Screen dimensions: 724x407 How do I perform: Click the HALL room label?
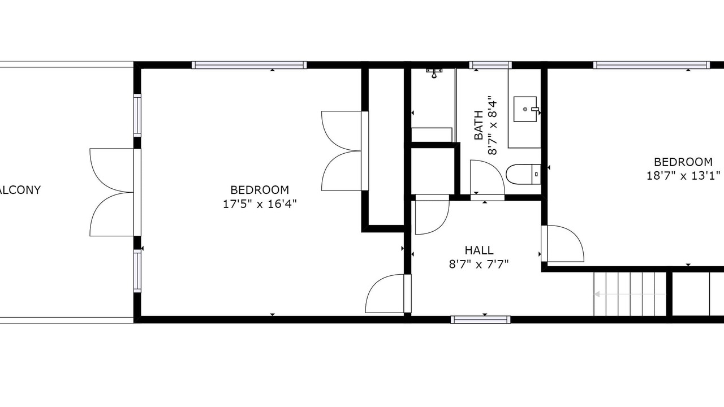pyautogui.click(x=479, y=250)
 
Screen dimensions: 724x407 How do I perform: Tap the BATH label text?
pyautogui.click(x=479, y=125)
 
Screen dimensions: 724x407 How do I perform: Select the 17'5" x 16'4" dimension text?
pyautogui.click(x=260, y=204)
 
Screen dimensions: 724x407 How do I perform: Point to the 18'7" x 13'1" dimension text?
pyautogui.click(x=683, y=176)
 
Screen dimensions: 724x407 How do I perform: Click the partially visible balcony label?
pyautogui.click(x=20, y=190)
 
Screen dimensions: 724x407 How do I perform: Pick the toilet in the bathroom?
pyautogui.click(x=523, y=174)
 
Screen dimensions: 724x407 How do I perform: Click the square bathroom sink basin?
pyautogui.click(x=525, y=109)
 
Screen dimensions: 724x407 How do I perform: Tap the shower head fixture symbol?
pyautogui.click(x=434, y=73)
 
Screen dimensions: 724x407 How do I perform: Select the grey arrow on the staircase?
pyautogui.click(x=630, y=294)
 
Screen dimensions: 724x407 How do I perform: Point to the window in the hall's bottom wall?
pyautogui.click(x=481, y=320)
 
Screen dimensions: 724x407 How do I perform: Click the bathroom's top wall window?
pyautogui.click(x=490, y=65)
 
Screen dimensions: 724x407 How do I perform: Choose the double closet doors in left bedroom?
pyautogui.click(x=345, y=151)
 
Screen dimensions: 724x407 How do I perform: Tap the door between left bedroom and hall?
pyautogui.click(x=388, y=293)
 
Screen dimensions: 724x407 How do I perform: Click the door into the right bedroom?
pyautogui.click(x=563, y=243)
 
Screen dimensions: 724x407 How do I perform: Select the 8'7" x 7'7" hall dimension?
pyautogui.click(x=479, y=265)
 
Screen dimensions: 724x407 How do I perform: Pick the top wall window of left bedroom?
pyautogui.click(x=249, y=65)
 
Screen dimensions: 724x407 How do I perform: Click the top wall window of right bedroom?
pyautogui.click(x=651, y=65)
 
